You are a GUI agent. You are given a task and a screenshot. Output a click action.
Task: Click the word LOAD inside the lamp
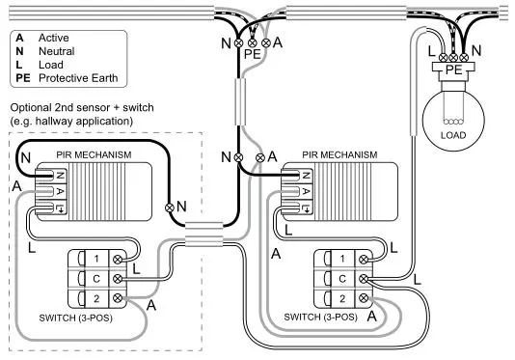(x=452, y=135)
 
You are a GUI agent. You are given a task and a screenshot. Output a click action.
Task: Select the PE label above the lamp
(x=452, y=69)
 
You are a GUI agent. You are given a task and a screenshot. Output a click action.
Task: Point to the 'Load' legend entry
(x=48, y=66)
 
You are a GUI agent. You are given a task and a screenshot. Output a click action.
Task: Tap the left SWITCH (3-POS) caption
(x=82, y=317)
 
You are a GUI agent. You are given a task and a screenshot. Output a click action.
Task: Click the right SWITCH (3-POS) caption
(x=322, y=316)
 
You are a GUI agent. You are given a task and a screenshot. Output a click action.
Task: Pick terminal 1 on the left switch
(x=96, y=259)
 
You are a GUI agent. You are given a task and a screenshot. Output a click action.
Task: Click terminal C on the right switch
(x=342, y=278)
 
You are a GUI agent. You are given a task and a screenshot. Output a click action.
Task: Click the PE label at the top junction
(x=253, y=56)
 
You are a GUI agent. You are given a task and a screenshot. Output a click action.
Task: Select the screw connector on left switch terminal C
(x=118, y=278)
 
